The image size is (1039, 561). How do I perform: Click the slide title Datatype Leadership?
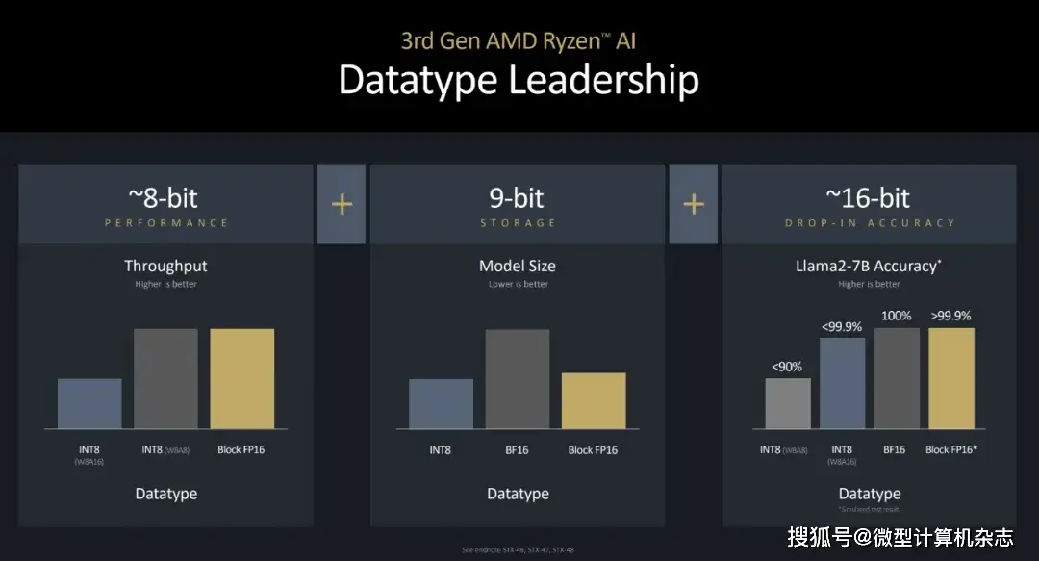tap(519, 81)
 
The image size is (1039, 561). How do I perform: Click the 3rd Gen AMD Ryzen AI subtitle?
tap(519, 40)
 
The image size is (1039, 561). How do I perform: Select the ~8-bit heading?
tap(165, 198)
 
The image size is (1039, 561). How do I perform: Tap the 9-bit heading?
tap(517, 198)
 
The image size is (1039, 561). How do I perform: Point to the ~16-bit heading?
tap(868, 198)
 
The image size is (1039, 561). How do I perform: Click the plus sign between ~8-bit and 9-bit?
tap(342, 204)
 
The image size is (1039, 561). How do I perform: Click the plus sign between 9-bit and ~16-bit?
tap(694, 204)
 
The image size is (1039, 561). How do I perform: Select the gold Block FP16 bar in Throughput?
tap(242, 378)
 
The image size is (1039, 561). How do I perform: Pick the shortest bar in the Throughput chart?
tap(89, 403)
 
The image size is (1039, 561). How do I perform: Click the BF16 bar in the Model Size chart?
tap(518, 378)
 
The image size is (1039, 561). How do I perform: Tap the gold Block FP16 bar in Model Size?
tap(594, 400)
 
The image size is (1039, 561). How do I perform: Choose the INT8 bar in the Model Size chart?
tap(441, 403)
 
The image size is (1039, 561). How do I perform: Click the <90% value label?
tap(787, 366)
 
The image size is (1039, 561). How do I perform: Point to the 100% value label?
tap(897, 316)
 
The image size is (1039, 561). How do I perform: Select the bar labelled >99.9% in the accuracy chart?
tap(950, 378)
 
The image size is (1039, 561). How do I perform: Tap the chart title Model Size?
tap(518, 266)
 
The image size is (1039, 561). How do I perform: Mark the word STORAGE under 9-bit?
tap(518, 223)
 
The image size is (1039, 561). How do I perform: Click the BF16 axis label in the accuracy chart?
tap(893, 449)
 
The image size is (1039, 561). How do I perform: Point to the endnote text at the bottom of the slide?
tap(518, 548)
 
